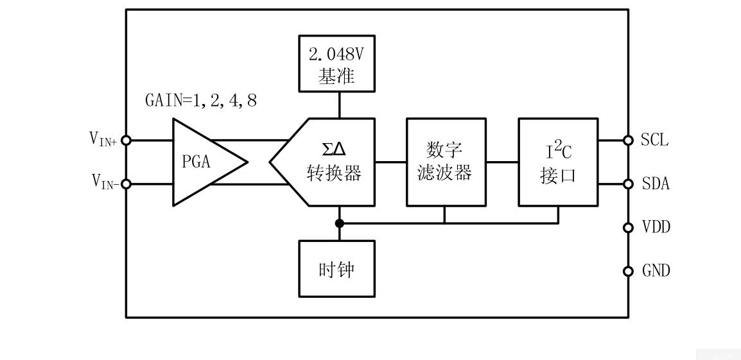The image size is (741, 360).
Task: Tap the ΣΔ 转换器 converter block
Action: point(331,162)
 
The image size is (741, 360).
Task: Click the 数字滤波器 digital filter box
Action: point(445,162)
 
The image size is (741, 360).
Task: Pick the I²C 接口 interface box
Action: point(558,162)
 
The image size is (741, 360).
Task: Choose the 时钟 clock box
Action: point(336,269)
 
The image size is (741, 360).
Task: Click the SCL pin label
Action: point(654,141)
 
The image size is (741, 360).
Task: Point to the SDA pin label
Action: point(656,184)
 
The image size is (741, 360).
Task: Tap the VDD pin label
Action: point(656,227)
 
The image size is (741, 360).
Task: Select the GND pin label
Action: point(656,271)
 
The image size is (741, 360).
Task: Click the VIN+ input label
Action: point(103,139)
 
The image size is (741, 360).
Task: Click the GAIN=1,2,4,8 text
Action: point(201,101)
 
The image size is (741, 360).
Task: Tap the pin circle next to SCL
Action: point(629,141)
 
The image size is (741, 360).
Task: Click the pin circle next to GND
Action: point(629,271)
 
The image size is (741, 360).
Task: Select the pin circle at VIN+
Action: point(126,141)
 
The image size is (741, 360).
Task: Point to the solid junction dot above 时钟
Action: point(340,223)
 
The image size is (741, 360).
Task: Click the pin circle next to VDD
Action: point(629,227)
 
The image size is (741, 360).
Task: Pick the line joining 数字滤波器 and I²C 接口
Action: point(502,162)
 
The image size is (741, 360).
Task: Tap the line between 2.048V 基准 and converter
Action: point(340,105)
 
